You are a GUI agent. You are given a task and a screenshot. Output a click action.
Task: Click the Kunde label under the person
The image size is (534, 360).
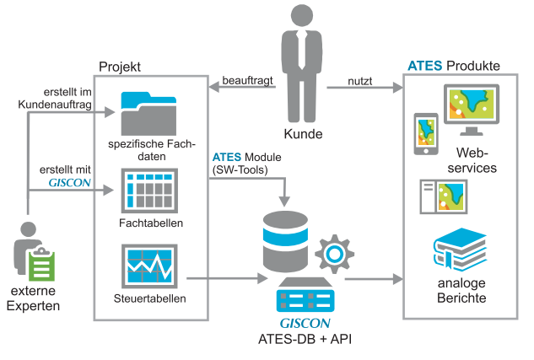click(303, 134)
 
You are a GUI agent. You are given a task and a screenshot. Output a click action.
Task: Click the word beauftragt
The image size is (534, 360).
click(244, 81)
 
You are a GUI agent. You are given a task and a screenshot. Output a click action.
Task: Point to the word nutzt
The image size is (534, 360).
click(361, 81)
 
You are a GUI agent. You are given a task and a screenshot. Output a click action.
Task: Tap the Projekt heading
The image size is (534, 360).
click(120, 66)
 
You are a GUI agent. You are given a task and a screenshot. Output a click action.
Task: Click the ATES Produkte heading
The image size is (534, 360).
click(453, 66)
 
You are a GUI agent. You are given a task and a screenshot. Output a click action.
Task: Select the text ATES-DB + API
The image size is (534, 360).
click(304, 338)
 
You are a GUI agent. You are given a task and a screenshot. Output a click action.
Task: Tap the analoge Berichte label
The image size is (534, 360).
click(462, 291)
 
